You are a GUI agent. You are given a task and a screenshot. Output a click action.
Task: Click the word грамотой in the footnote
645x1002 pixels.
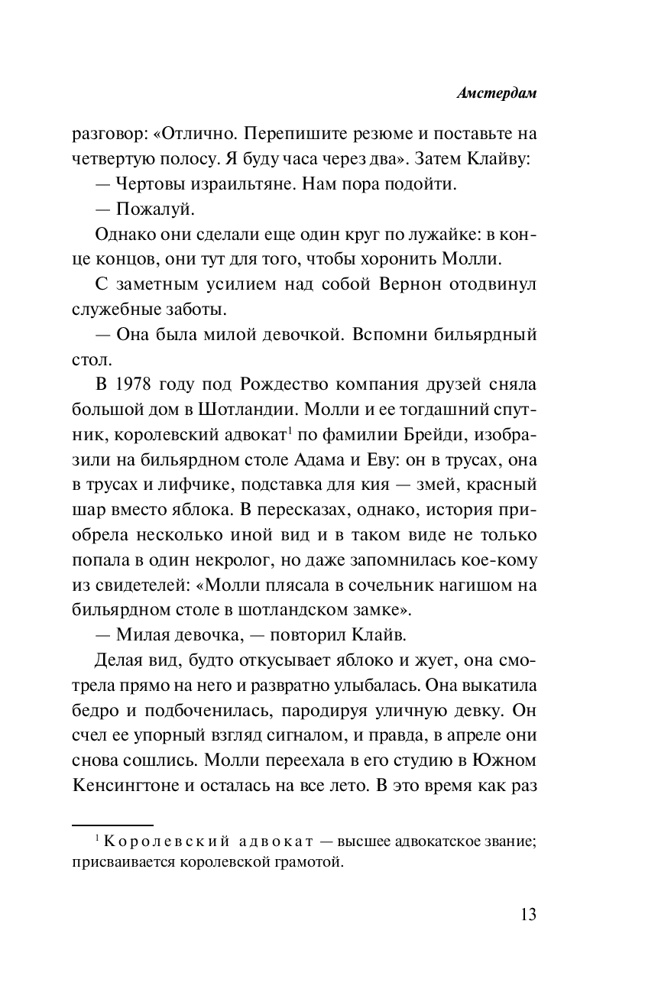click(x=296, y=863)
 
